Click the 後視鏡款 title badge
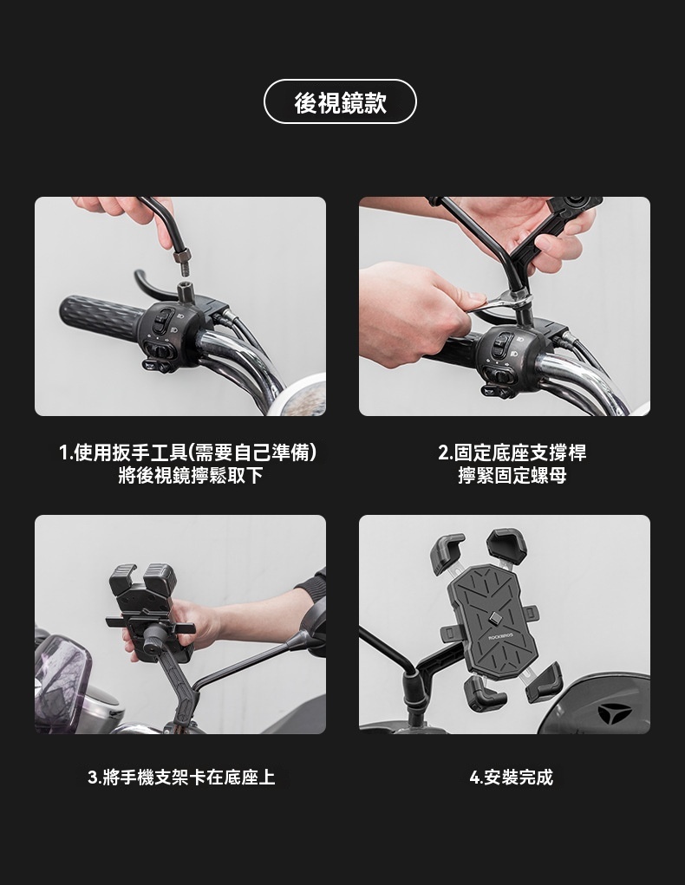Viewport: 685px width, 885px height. coord(340,101)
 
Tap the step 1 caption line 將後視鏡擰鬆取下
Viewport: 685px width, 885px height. coord(191,475)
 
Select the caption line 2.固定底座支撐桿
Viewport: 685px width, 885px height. coord(512,452)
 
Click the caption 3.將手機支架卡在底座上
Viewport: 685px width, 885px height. coord(181,778)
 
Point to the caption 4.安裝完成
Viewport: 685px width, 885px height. coord(512,778)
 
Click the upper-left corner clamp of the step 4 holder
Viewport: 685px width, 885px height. coord(447,553)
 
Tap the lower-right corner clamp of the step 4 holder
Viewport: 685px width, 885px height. coord(545,682)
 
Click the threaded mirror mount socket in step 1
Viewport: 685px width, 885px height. coord(186,290)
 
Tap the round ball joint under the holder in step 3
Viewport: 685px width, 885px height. coord(153,643)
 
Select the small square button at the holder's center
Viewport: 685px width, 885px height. coord(495,619)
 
